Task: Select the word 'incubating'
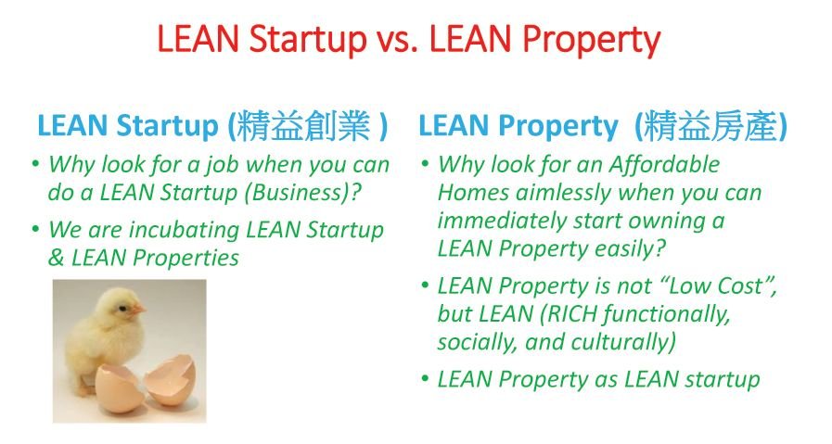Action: click(185, 230)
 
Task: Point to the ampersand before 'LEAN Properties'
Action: click(56, 259)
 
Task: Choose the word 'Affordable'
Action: click(664, 164)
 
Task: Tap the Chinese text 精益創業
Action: click(303, 126)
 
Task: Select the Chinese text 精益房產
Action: click(711, 126)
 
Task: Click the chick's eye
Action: click(123, 308)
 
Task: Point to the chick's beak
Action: click(138, 309)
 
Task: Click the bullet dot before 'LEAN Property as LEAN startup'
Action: click(425, 379)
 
